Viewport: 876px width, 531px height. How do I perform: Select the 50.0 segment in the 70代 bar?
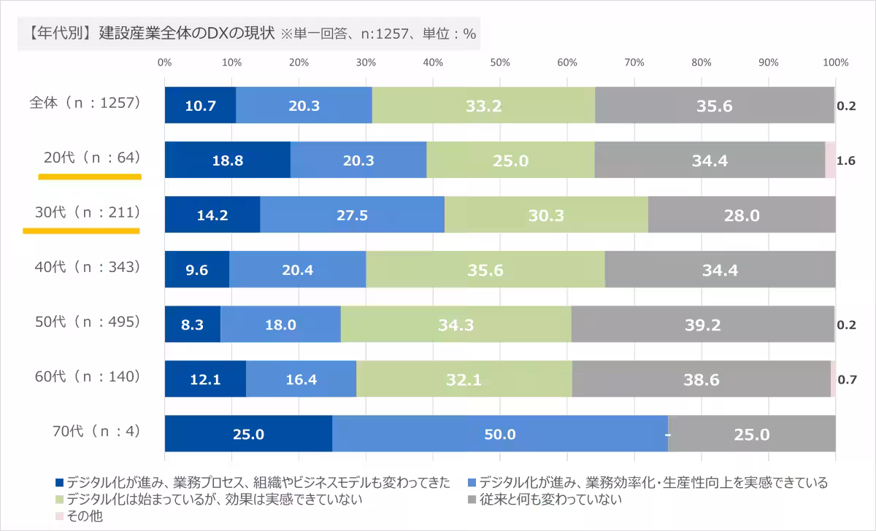500,435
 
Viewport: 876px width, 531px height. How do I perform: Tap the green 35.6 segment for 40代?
485,271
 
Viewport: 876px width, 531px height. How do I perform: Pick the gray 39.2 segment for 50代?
702,325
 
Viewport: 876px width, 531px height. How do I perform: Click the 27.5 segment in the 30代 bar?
352,216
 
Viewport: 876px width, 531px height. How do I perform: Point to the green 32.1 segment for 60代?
464,380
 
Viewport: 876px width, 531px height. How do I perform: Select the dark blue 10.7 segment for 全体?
200,106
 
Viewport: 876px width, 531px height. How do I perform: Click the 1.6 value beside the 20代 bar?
846,161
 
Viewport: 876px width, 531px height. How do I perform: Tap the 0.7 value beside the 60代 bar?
846,380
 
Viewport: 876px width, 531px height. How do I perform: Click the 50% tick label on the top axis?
500,63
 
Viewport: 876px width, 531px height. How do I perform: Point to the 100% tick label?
835,63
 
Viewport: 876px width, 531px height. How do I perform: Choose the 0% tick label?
165,63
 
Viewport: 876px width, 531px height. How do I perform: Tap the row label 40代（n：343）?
87,267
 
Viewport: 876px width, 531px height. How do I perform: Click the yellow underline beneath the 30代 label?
81,230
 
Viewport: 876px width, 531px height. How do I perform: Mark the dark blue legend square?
60,483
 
